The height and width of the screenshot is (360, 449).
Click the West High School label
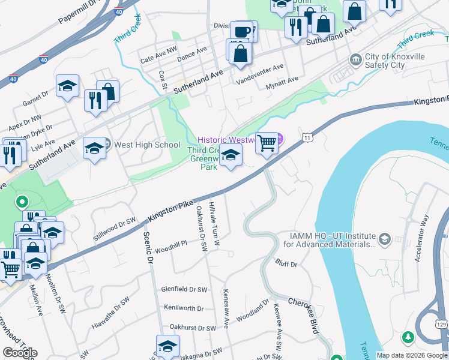[x=146, y=145]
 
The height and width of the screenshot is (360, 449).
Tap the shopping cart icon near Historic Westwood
[x=267, y=143]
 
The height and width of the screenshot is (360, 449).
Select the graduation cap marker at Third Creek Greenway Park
[x=231, y=155]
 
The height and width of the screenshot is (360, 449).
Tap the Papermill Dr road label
[x=78, y=13]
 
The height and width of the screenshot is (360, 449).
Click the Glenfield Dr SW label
[x=184, y=289]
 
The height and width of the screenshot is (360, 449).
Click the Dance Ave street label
[x=192, y=54]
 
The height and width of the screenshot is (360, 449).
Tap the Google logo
[x=20, y=352]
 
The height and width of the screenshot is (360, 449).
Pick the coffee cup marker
[x=243, y=32]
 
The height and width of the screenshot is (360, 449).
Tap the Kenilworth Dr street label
[x=183, y=308]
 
